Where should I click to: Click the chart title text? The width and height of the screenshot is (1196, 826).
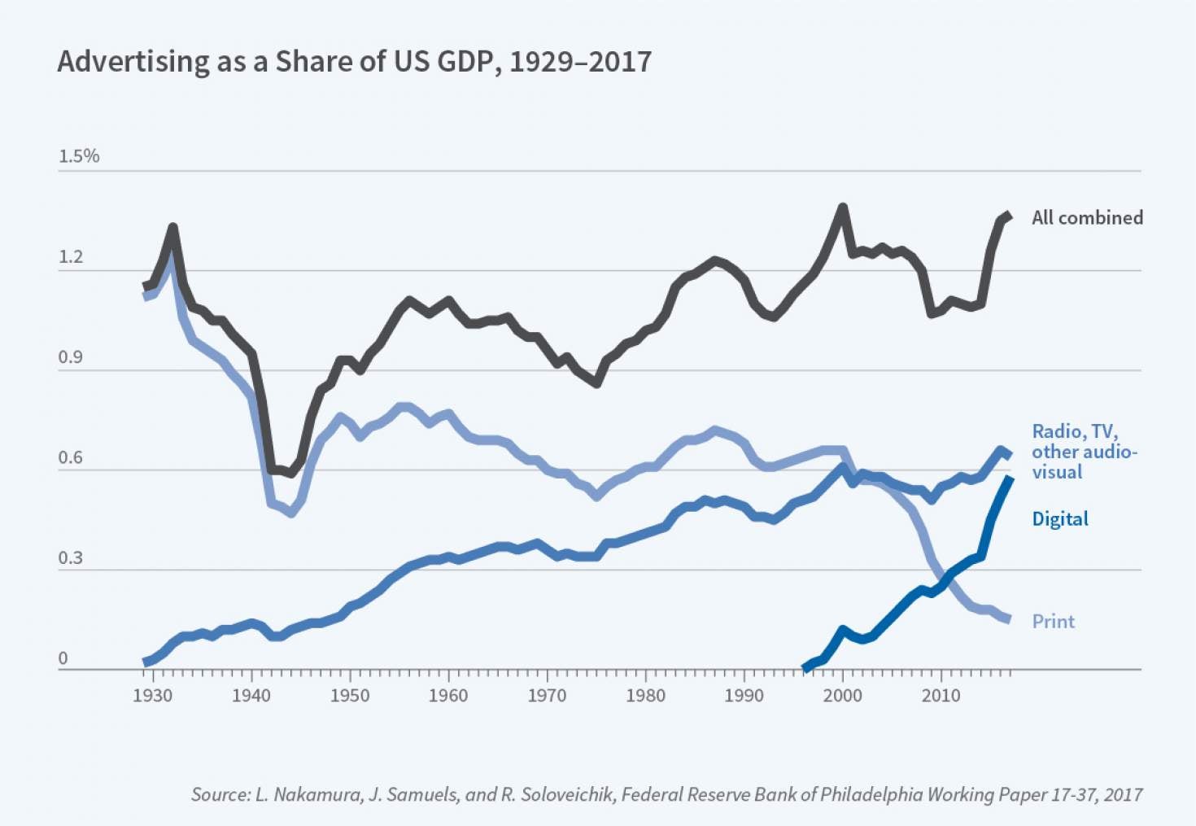pyautogui.click(x=354, y=62)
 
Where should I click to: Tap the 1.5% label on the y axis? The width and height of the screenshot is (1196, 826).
pyautogui.click(x=78, y=156)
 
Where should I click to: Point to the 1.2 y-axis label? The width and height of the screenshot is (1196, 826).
pyautogui.click(x=71, y=257)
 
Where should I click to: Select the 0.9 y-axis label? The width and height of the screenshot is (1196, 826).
pyautogui.click(x=71, y=357)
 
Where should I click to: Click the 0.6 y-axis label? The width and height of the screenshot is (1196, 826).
pyautogui.click(x=71, y=457)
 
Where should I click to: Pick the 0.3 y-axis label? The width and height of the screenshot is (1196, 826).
pyautogui.click(x=71, y=558)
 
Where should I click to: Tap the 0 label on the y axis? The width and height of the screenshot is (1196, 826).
pyautogui.click(x=63, y=658)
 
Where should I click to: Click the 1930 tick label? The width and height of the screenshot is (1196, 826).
pyautogui.click(x=153, y=696)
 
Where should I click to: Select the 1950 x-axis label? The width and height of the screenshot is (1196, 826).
pyautogui.click(x=350, y=696)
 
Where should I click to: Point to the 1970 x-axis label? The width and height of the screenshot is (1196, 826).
pyautogui.click(x=547, y=696)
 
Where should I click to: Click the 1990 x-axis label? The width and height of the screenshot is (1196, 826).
pyautogui.click(x=744, y=696)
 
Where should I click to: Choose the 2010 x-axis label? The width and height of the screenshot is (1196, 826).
pyautogui.click(x=941, y=696)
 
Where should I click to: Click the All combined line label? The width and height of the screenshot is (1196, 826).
pyautogui.click(x=1087, y=218)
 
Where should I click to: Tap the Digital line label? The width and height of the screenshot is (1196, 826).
pyautogui.click(x=1059, y=519)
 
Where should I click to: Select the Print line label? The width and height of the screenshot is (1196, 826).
pyautogui.click(x=1053, y=622)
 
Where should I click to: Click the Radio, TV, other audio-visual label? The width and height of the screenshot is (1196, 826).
pyautogui.click(x=1083, y=452)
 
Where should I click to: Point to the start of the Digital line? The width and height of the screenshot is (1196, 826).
pyautogui.click(x=805, y=667)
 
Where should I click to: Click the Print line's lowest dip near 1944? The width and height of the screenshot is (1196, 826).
pyautogui.click(x=290, y=513)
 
